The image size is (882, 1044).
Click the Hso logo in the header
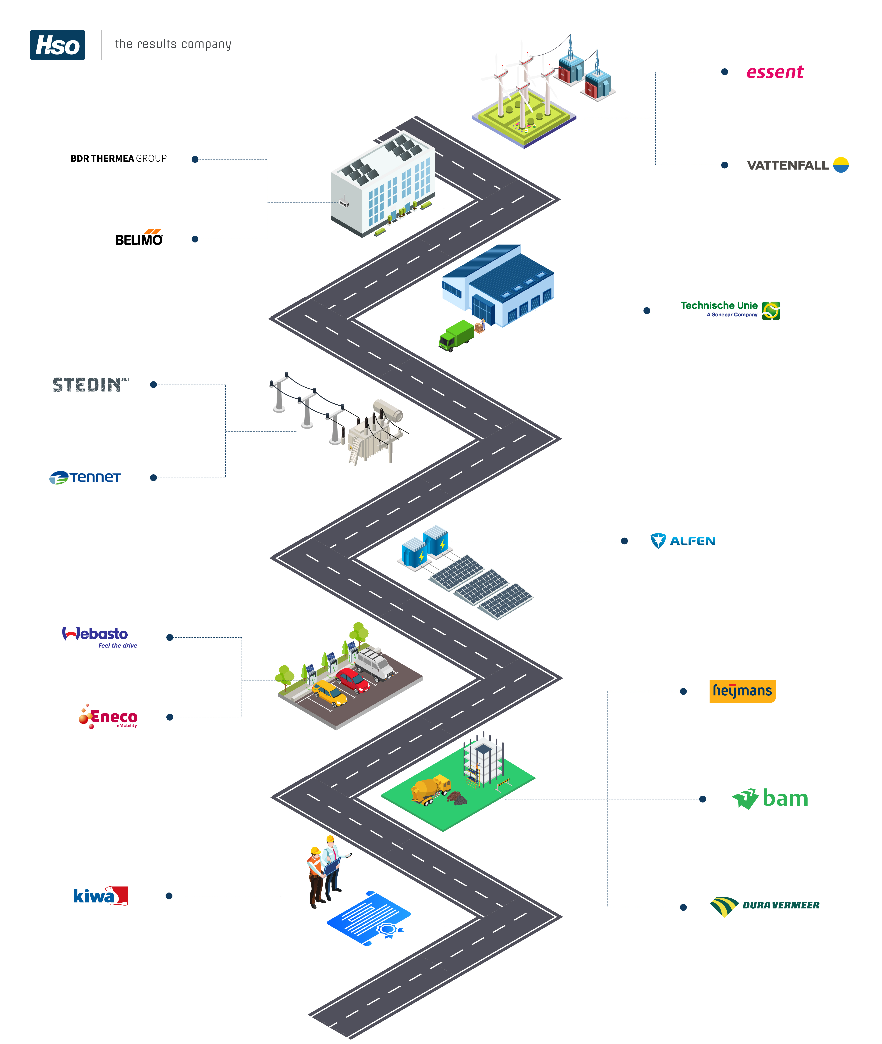point(58,45)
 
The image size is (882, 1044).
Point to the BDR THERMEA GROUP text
point(119,159)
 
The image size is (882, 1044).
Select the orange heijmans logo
point(742,691)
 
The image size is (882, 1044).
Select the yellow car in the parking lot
point(329,693)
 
